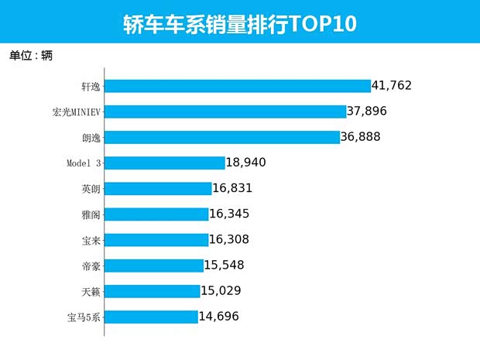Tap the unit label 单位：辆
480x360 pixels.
pos(31,56)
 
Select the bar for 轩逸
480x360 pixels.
pos(237,86)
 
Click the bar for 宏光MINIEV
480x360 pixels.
pos(225,111)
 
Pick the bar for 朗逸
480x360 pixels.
pos(221,137)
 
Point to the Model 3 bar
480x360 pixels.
pos(164,163)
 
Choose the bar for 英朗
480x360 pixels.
pos(158,188)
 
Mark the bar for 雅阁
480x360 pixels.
pos(156,214)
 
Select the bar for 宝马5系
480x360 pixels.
pos(151,316)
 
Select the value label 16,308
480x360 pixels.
pos(235,239)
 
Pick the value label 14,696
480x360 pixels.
pos(224,316)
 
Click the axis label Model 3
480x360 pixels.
pos(84,163)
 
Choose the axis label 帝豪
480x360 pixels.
pos(91,265)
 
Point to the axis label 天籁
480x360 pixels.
pos(91,290)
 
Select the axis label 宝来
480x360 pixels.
pos(91,239)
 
